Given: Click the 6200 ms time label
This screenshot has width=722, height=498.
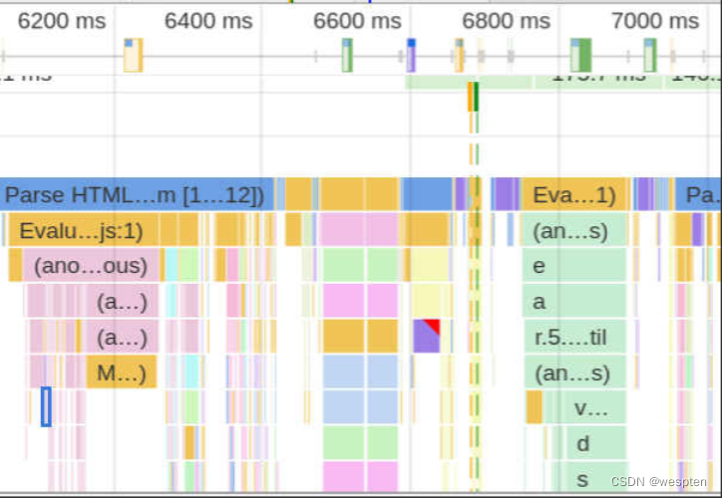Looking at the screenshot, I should click(x=62, y=21).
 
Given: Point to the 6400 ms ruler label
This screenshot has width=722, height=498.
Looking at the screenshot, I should click(x=208, y=21).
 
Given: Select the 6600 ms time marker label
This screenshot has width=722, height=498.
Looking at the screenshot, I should click(x=357, y=21).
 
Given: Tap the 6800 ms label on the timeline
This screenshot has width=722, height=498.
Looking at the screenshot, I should click(x=506, y=21).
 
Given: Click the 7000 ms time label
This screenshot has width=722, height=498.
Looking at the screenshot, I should click(x=654, y=21).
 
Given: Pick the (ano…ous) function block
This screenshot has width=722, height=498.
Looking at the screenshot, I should click(x=90, y=267).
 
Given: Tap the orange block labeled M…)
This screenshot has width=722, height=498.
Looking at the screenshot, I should click(x=122, y=374).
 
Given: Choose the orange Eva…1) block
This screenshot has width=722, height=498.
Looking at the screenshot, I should click(x=573, y=195).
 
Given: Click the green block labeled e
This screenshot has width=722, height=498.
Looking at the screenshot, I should click(x=574, y=267).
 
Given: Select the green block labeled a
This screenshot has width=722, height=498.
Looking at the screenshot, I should click(x=574, y=302).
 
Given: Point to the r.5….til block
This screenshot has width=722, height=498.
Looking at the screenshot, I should click(x=574, y=338).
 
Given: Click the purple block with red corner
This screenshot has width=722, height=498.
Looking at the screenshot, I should click(x=426, y=336).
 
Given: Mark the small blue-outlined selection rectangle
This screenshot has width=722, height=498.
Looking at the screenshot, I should click(x=46, y=406).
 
